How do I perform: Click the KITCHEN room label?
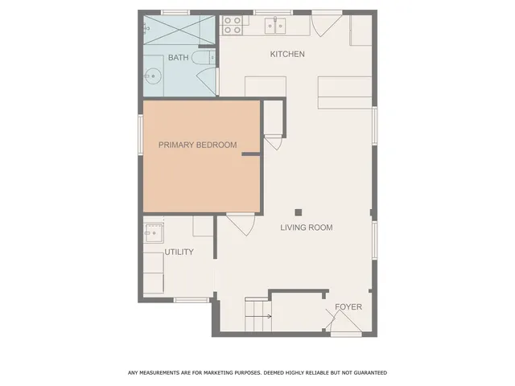287,54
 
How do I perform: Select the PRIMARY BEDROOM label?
197,145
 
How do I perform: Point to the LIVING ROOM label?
306,228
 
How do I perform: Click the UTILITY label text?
179,252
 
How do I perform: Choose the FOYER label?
348,307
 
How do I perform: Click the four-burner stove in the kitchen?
232,25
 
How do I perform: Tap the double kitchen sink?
278,26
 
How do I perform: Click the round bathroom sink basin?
152,77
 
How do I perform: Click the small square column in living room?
298,212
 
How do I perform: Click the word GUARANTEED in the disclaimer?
365,372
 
